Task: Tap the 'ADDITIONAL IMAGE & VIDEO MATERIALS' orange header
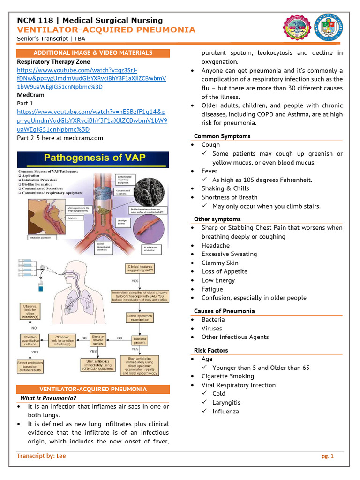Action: [93, 53]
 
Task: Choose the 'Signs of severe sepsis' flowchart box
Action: [98, 339]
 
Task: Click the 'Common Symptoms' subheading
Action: [222, 136]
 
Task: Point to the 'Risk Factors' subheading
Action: [211, 350]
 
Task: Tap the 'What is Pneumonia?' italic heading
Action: [45, 398]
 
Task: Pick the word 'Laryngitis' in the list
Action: [226, 402]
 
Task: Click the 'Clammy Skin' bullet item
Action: [220, 263]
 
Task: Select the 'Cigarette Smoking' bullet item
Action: [228, 376]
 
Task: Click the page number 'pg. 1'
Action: [327, 456]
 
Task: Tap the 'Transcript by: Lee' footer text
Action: [41, 456]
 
